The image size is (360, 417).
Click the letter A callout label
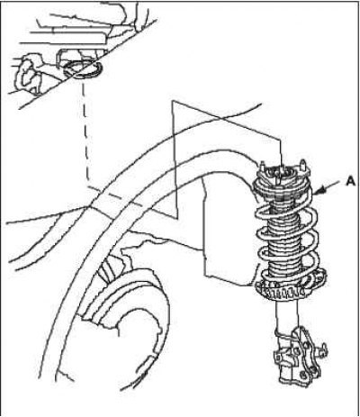(x=350, y=181)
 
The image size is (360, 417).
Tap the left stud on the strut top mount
(x=263, y=167)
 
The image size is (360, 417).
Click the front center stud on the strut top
(x=278, y=180)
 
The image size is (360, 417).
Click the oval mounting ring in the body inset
(x=82, y=68)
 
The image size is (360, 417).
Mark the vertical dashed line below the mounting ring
(x=85, y=132)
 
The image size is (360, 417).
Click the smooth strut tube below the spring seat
(x=287, y=315)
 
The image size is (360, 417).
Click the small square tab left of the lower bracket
(x=278, y=358)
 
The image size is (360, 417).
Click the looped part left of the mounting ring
(x=28, y=72)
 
